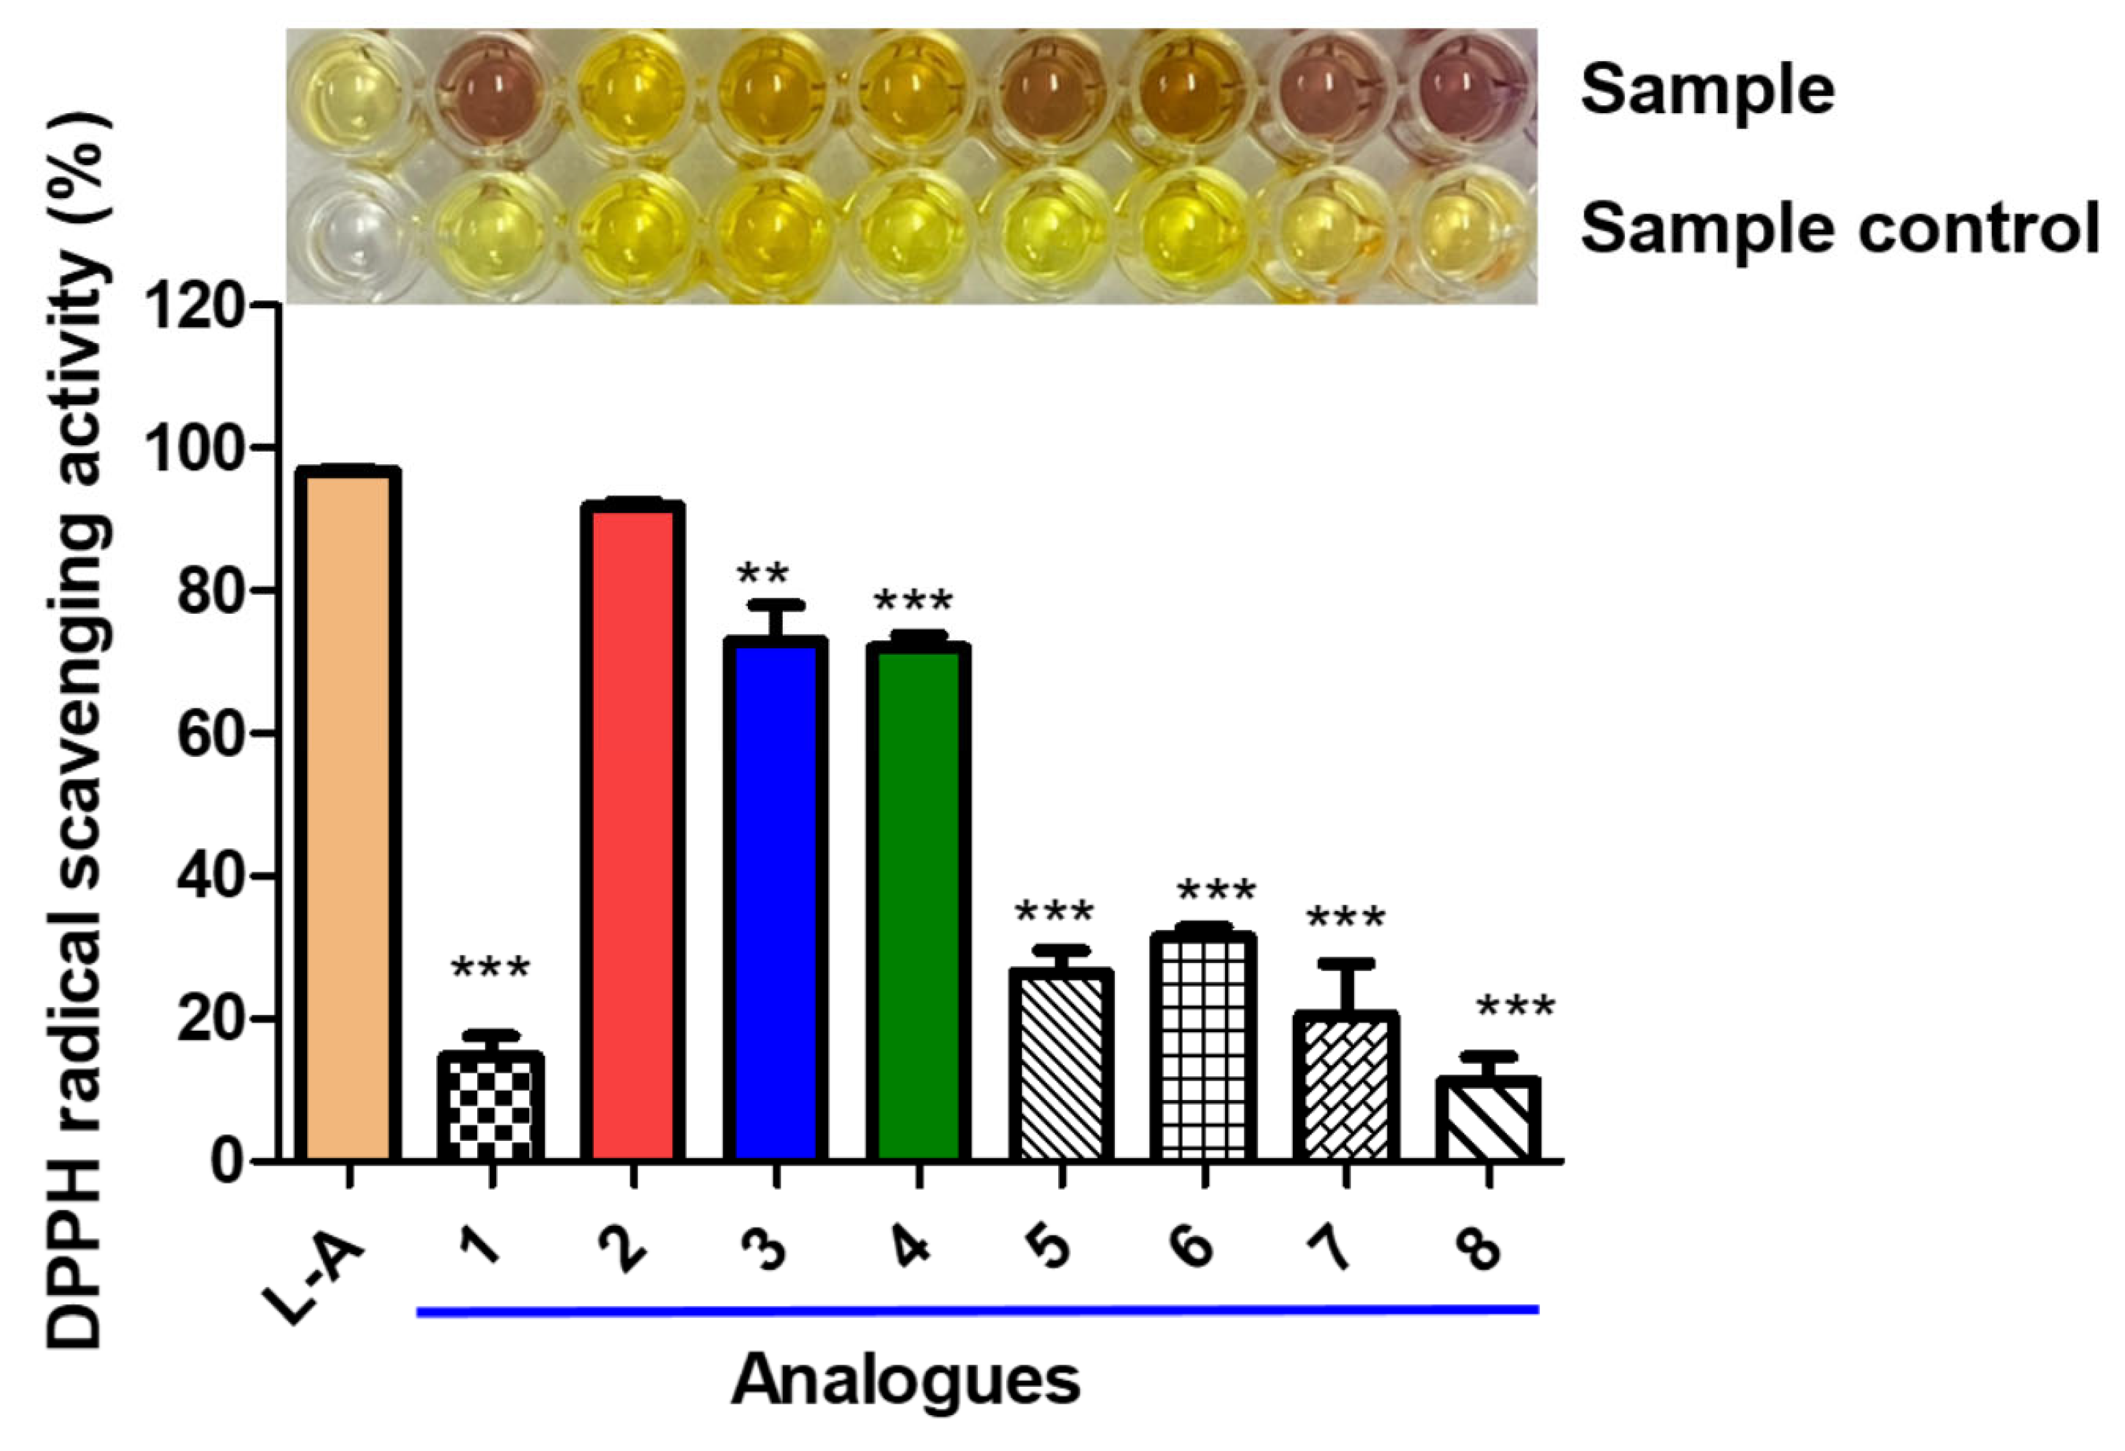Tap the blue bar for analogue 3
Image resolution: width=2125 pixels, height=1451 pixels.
[x=775, y=901]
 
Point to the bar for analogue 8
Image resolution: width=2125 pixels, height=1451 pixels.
[x=1488, y=1120]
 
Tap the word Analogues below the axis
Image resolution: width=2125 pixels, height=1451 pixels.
[x=905, y=1379]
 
